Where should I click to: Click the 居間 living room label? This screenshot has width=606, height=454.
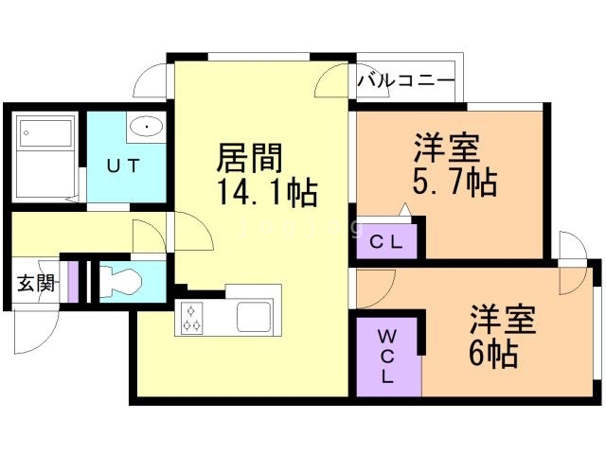coord(251,156)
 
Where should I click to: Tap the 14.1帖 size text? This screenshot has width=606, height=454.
coord(266,194)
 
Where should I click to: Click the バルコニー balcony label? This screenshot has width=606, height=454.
coord(406,80)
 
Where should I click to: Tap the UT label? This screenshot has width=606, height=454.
coord(123,166)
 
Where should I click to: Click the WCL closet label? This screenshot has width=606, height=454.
coord(388,355)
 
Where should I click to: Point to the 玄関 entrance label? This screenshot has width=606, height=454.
coord(34,283)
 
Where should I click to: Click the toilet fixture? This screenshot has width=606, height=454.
coord(118,281)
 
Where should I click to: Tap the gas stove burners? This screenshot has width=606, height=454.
coord(192,317)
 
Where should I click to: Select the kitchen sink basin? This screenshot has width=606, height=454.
coord(254,316)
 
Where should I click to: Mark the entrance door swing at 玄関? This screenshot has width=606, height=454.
coord(36,326)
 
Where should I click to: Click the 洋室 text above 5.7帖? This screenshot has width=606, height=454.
coord(445,148)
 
